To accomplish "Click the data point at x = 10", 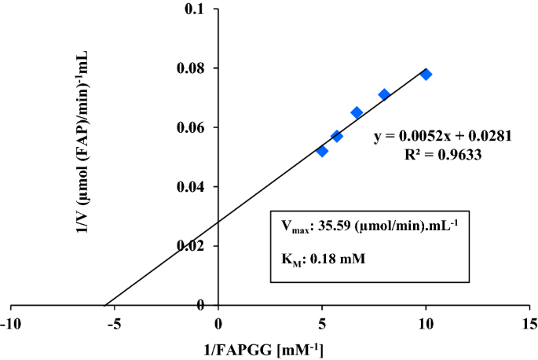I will (x=426, y=75).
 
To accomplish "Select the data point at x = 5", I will (x=322, y=151).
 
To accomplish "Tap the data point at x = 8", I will (x=384, y=94).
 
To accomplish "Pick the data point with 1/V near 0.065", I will (x=357, y=112).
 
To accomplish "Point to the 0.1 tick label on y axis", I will (x=196, y=9).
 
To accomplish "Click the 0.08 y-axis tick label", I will (x=192, y=68).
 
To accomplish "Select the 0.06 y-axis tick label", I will (x=192, y=127).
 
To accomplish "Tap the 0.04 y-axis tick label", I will (x=192, y=187).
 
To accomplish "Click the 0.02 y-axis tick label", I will (x=192, y=246).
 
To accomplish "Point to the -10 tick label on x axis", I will (x=10, y=324).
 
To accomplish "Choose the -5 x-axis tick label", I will (x=114, y=324).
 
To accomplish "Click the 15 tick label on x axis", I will (x=529, y=324).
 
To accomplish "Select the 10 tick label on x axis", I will (x=426, y=324).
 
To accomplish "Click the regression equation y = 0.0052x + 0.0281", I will (x=443, y=136).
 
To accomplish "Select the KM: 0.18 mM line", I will (x=320, y=256).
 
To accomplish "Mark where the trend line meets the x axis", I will (x=104, y=305).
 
